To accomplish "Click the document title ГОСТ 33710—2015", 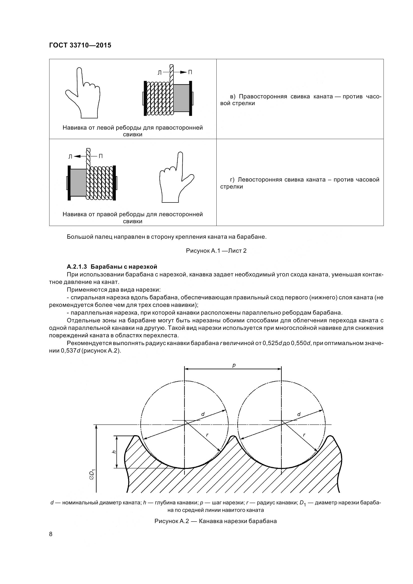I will tap(80, 45).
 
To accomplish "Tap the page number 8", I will tap(51, 534).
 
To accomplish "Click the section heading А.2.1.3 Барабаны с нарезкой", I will tap(112, 267).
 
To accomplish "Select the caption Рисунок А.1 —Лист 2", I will tap(216, 251).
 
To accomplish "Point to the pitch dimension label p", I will tap(234, 365).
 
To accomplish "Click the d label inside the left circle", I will tap(203, 414).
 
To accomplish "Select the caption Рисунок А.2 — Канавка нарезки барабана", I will tap(216, 521).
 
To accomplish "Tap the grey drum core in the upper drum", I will tap(181, 98).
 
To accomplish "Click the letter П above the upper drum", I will tap(190, 72).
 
